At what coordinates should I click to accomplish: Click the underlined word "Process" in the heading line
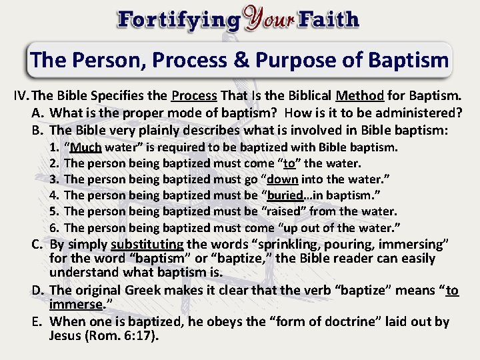click(x=195, y=96)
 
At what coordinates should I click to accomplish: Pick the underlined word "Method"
click(x=359, y=96)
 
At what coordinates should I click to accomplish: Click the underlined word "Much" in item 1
click(x=85, y=147)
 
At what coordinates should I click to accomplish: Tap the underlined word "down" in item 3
click(x=283, y=179)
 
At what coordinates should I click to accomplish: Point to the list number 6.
click(x=55, y=227)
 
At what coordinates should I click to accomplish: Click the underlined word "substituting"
click(x=147, y=244)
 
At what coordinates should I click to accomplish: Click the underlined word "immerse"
click(x=75, y=305)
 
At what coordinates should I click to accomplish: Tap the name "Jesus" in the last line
click(x=67, y=336)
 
